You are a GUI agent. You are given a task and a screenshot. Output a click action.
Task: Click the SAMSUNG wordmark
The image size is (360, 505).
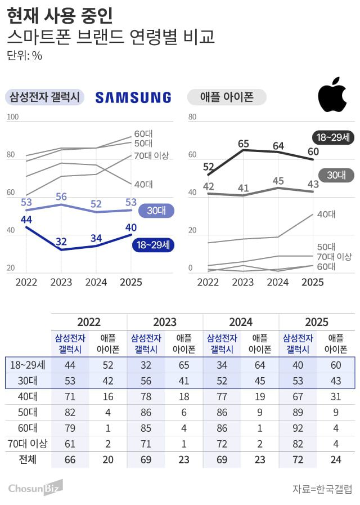(x=133, y=98)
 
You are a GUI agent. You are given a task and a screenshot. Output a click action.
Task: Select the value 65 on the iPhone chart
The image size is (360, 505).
(x=243, y=144)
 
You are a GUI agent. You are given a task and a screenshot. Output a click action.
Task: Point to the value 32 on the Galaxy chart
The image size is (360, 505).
(x=61, y=242)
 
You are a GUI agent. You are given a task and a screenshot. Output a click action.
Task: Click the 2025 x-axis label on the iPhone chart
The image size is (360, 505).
(x=313, y=282)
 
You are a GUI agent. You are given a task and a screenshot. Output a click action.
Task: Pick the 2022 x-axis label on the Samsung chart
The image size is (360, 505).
(x=26, y=282)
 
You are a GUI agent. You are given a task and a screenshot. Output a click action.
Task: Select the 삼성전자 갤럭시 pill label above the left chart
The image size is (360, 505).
(x=44, y=97)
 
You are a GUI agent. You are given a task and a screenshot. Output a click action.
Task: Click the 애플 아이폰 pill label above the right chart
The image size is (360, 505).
(x=227, y=97)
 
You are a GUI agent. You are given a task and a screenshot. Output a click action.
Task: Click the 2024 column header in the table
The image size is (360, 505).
(x=241, y=322)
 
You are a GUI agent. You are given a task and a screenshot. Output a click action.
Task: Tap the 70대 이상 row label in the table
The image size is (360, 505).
(x=28, y=444)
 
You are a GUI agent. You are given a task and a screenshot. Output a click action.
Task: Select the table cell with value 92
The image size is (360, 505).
(x=298, y=428)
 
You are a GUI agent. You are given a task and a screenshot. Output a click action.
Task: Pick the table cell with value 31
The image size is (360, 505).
(x=335, y=396)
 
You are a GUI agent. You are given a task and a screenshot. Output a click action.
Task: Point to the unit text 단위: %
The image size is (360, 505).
(x=25, y=55)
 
